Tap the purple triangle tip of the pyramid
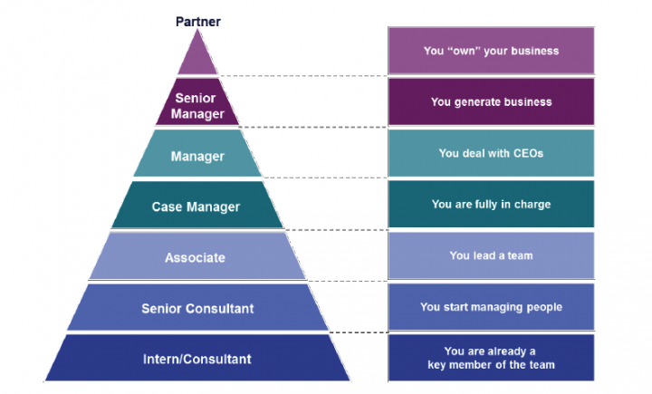pos(197,59)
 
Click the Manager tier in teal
pos(197,156)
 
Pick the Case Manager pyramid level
pos(196,207)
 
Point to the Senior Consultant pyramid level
pos(197,308)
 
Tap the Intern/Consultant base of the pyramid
pos(197,359)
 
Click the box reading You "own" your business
pos(491,51)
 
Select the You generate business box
pos(491,102)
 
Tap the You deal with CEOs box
pos(491,153)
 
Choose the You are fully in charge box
pos(491,204)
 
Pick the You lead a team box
pos(491,255)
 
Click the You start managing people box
pos(491,307)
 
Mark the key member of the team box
pos(491,358)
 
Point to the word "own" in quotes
pos(463,51)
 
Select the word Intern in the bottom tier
pos(160,359)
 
